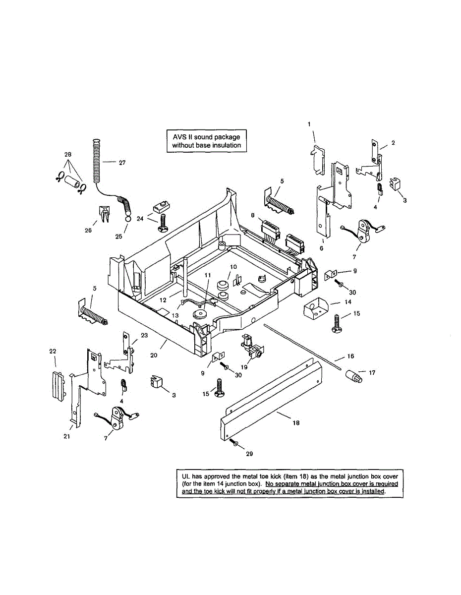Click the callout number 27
pyautogui.click(x=122, y=162)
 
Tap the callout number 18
pyautogui.click(x=296, y=423)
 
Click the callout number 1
pyautogui.click(x=309, y=124)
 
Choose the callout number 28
pyautogui.click(x=68, y=154)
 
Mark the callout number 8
pyautogui.click(x=253, y=216)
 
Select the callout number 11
pyautogui.click(x=207, y=275)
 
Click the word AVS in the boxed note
pyautogui.click(x=177, y=136)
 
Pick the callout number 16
pyautogui.click(x=351, y=356)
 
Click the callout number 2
pyautogui.click(x=393, y=143)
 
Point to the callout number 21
pyautogui.click(x=66, y=436)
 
